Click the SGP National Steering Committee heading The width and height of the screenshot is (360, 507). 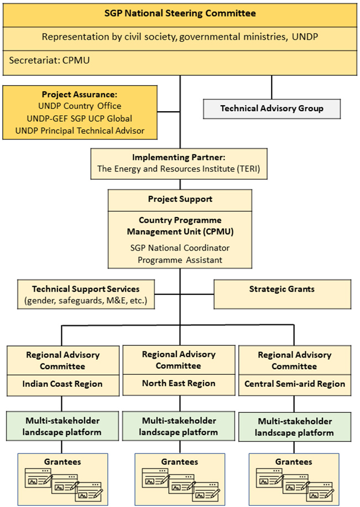click(x=180, y=13)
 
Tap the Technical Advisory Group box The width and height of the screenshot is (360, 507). click(x=272, y=108)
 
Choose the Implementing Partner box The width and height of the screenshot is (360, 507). click(x=179, y=163)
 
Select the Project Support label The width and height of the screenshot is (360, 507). click(x=180, y=199)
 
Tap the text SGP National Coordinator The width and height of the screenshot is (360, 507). click(x=180, y=247)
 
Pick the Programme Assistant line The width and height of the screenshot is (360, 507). click(x=180, y=259)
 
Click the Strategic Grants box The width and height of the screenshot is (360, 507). click(x=282, y=289)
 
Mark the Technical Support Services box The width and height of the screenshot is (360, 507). click(x=86, y=294)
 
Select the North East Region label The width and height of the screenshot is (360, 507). click(x=179, y=383)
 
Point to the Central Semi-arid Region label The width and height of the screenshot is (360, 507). click(x=294, y=384)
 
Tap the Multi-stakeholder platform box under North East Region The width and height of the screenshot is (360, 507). click(x=179, y=426)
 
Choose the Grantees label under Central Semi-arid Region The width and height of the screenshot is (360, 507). click(x=294, y=461)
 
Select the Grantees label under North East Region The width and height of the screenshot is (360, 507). click(x=179, y=461)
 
